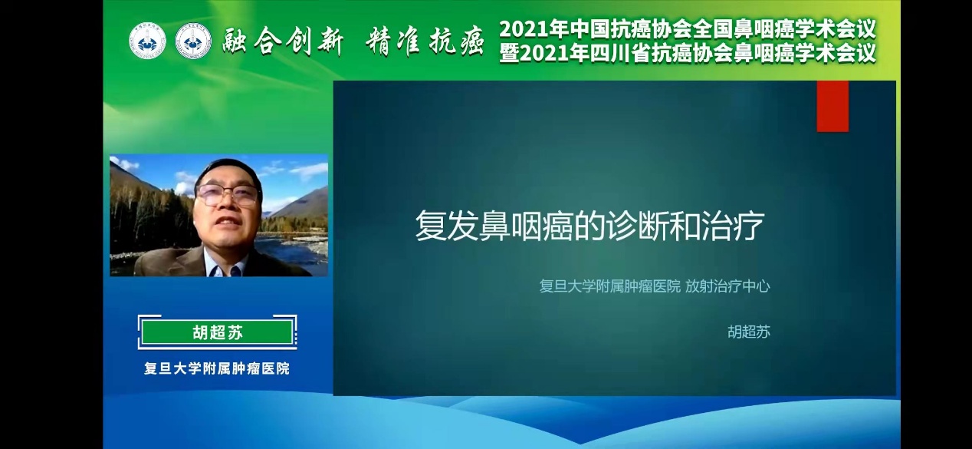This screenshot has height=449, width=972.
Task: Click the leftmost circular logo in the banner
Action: click(147, 41)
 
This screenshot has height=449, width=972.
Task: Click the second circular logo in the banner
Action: click(193, 41)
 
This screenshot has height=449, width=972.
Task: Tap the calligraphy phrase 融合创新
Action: click(284, 42)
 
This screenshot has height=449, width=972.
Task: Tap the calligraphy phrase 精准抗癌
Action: click(425, 42)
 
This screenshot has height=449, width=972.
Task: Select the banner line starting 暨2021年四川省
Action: click(688, 54)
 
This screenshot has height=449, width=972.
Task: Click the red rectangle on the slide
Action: click(832, 106)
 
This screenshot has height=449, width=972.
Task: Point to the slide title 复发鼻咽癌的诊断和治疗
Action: click(589, 226)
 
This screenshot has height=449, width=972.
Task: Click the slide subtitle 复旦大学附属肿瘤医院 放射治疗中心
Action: click(655, 286)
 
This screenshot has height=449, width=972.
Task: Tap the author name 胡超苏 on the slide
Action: click(749, 332)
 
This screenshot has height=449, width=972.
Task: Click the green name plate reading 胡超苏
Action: click(218, 333)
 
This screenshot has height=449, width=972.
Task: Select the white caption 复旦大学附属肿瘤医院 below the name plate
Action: click(217, 368)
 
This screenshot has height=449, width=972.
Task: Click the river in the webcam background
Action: click(295, 252)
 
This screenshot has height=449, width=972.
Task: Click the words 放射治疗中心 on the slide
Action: click(727, 286)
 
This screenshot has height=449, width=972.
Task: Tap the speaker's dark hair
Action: click(228, 170)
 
